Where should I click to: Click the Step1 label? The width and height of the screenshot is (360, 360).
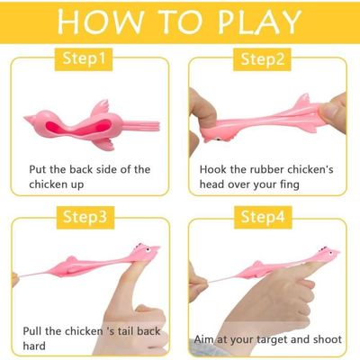[x=84, y=59]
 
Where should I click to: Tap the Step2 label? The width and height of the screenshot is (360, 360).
[x=262, y=59]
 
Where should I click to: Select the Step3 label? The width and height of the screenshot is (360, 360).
[x=85, y=217]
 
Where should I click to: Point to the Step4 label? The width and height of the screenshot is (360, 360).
[x=263, y=217]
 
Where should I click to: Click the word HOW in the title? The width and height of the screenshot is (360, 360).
[x=100, y=22]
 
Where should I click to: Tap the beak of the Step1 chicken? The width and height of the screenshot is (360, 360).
[x=29, y=120]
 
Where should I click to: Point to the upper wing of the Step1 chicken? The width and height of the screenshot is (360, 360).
[x=100, y=107]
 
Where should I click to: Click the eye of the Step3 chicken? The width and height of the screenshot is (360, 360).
[x=148, y=249]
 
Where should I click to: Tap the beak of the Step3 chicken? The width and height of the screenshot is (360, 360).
[x=157, y=248]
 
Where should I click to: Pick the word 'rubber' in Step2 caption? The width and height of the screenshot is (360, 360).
[x=264, y=169]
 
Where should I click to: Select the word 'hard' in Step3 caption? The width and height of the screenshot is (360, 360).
[x=34, y=346]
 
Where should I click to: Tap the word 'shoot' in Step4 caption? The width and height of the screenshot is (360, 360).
[x=328, y=339]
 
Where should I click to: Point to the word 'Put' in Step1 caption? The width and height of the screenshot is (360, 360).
[x=38, y=169]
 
